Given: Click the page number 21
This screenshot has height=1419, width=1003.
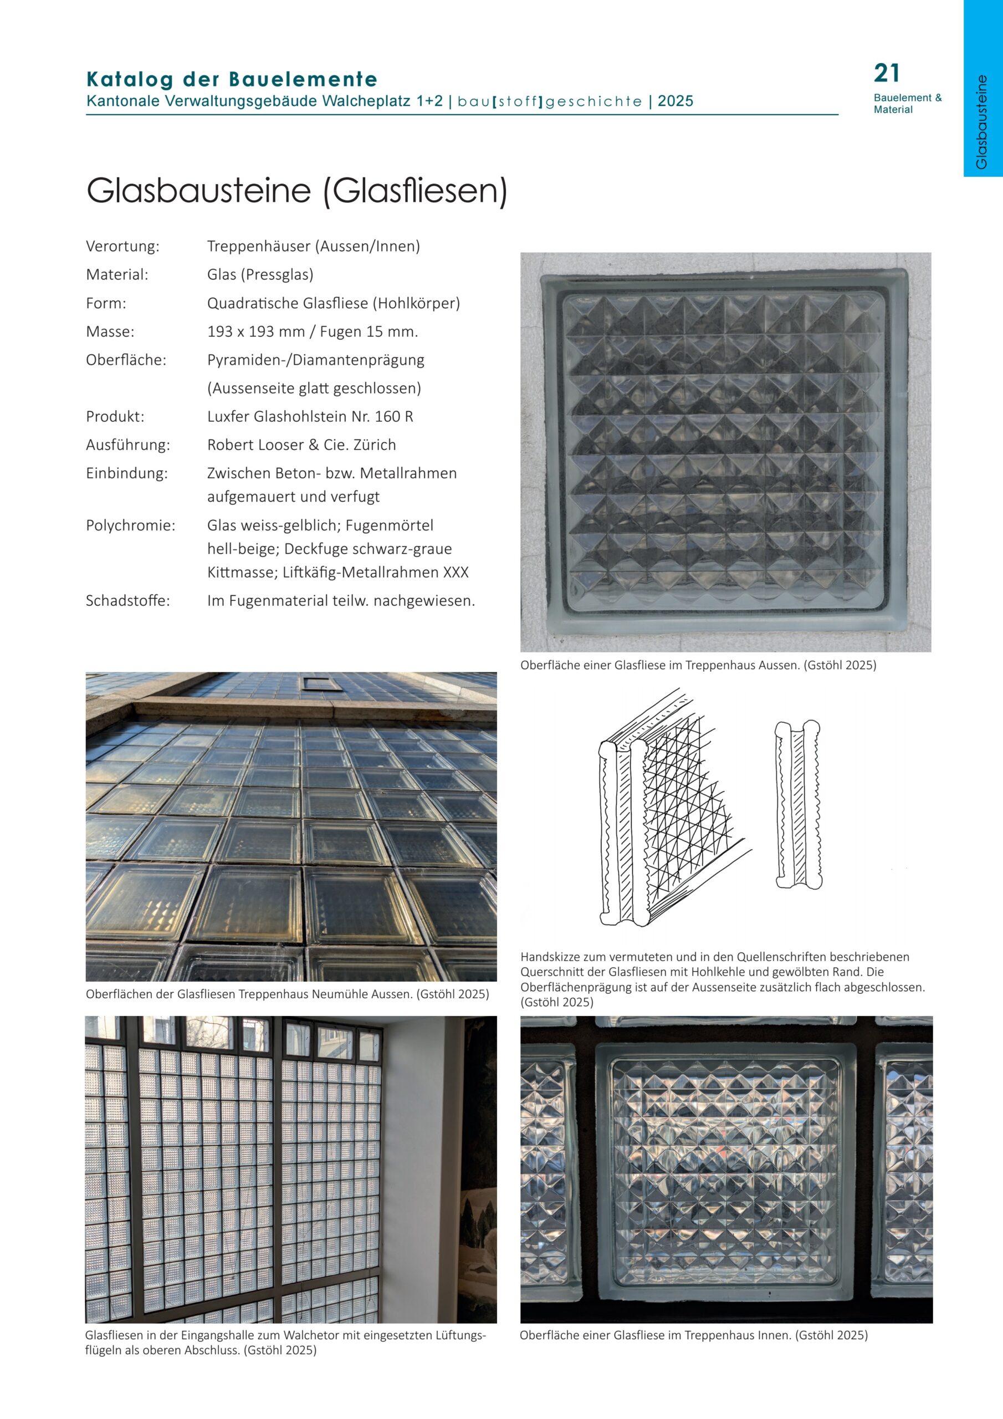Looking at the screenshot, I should (x=886, y=74).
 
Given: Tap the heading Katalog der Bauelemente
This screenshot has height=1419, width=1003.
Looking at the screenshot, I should (x=232, y=80).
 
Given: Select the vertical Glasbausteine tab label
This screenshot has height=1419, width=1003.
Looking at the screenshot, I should (x=981, y=122).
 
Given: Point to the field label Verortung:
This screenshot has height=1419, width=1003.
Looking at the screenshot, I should (x=122, y=247).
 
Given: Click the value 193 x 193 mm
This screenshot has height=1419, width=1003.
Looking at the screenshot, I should (x=257, y=332).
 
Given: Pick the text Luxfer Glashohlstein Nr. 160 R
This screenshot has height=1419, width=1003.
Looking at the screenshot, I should (x=310, y=416).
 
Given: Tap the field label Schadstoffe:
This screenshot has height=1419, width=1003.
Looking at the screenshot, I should (x=128, y=601).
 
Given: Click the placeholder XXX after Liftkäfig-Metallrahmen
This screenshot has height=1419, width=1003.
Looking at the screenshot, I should (x=456, y=572).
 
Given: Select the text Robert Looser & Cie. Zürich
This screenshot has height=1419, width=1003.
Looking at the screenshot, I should (x=301, y=445).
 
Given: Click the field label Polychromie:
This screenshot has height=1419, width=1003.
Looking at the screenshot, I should (x=130, y=526).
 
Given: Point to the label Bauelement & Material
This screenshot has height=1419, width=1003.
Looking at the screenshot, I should (x=907, y=104).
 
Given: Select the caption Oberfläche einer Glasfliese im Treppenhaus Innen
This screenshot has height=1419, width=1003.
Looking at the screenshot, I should (x=693, y=1335).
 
